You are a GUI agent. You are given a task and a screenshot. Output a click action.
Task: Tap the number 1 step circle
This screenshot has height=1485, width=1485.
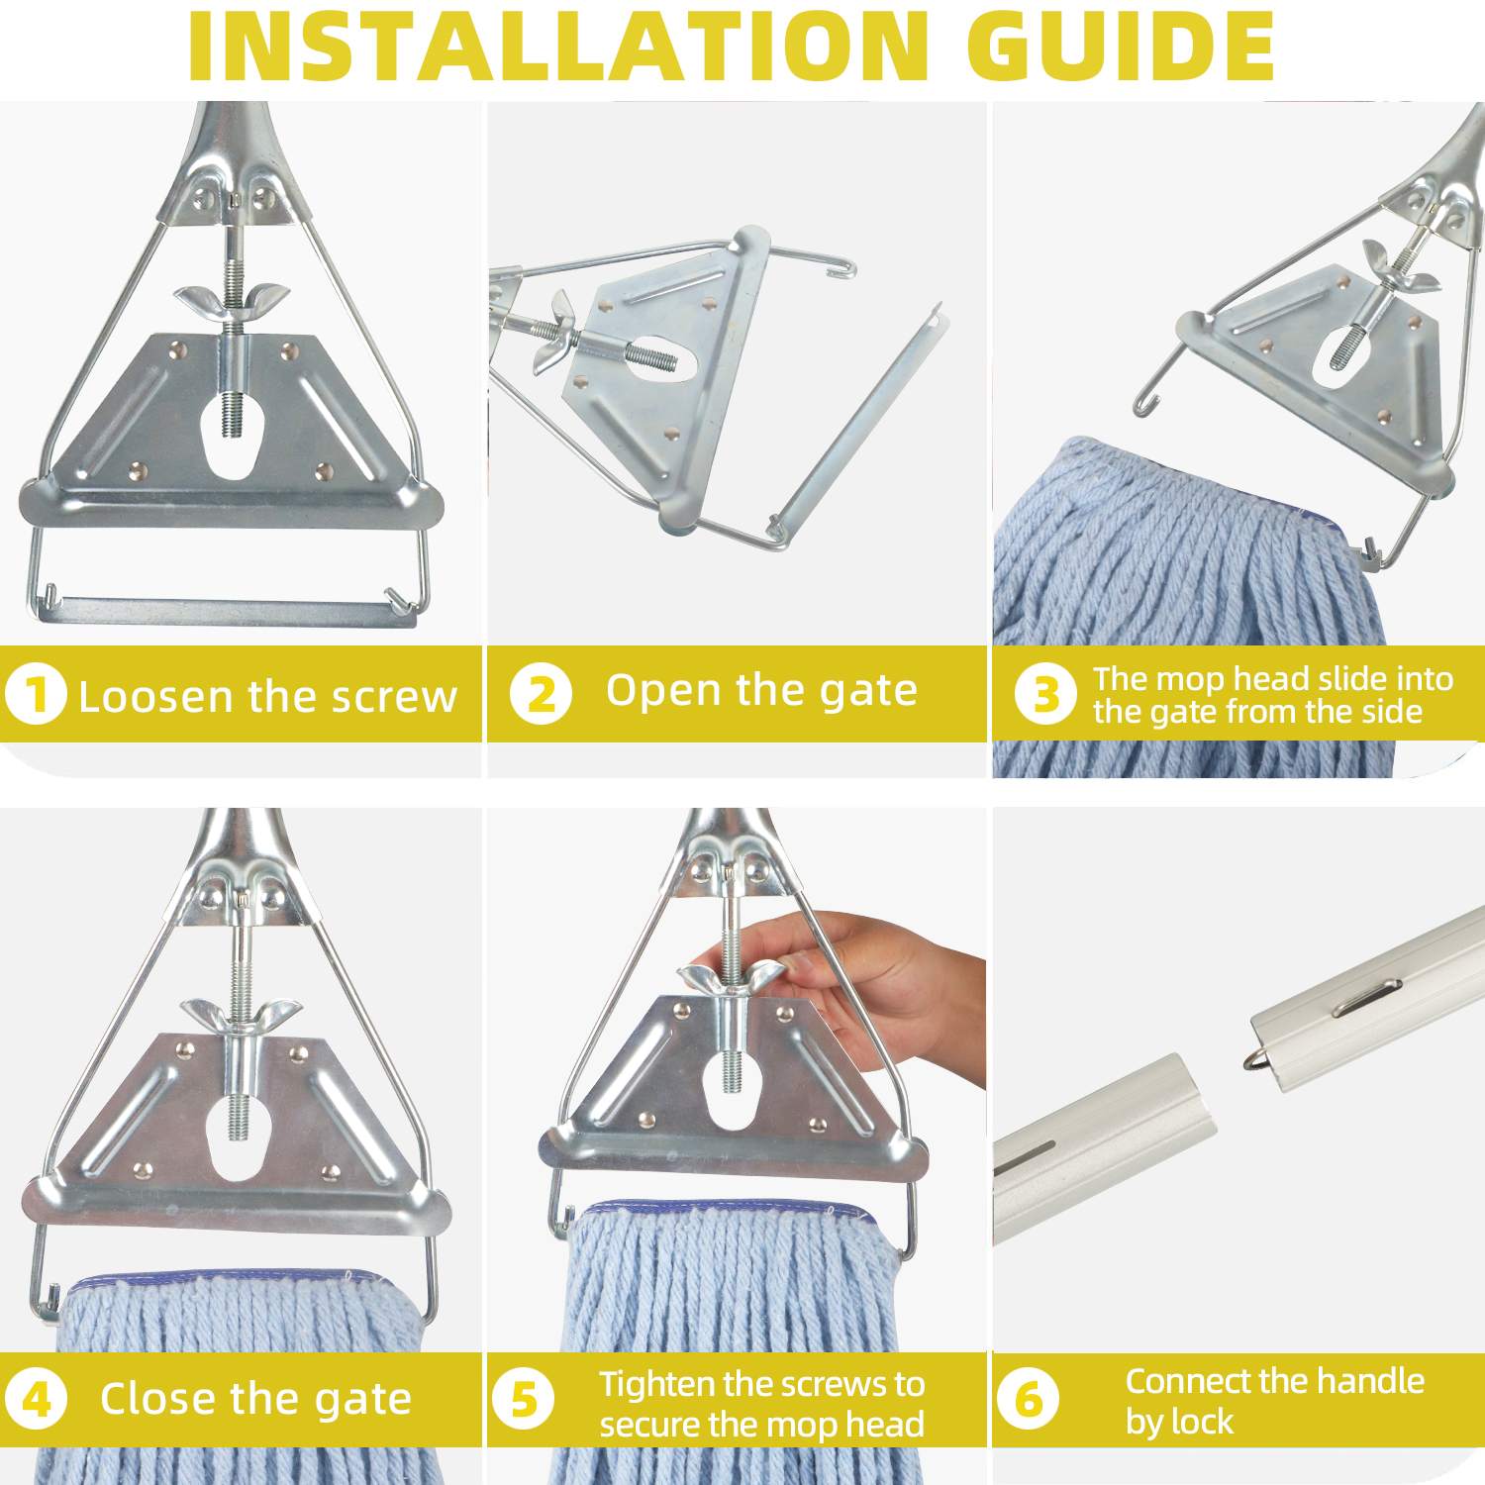tap(36, 694)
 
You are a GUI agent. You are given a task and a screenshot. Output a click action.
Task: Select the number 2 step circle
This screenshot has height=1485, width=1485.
tap(541, 694)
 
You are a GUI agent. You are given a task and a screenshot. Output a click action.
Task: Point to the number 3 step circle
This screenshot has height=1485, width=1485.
tap(1045, 694)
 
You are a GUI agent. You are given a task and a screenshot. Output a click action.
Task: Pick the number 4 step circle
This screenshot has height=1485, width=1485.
tap(36, 1399)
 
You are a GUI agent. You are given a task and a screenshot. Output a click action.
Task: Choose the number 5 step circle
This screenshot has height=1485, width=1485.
tap(523, 1399)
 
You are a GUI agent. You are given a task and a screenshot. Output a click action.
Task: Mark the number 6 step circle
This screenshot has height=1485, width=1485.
tap(1029, 1399)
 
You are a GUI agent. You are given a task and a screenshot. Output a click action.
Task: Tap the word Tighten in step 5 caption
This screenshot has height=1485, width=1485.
tap(657, 1385)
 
